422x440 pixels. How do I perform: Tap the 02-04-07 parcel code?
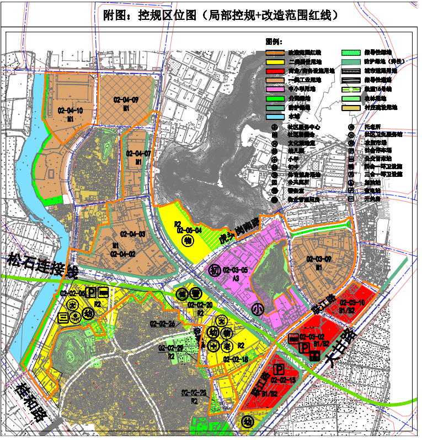138,153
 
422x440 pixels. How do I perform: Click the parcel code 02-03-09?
319,259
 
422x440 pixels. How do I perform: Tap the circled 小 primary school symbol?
257,309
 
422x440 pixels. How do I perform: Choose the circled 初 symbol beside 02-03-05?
215,270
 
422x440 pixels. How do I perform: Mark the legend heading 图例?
274,41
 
